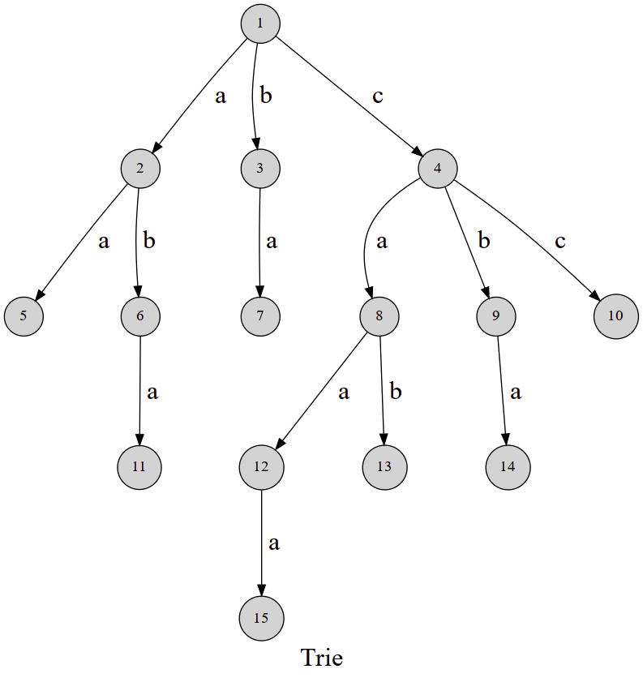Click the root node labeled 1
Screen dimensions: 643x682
pyautogui.click(x=260, y=24)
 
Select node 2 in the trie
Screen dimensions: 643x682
pyautogui.click(x=140, y=169)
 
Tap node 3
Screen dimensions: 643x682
pyautogui.click(x=260, y=169)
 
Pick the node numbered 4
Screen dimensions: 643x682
pyautogui.click(x=437, y=169)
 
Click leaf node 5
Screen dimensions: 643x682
pyautogui.click(x=24, y=316)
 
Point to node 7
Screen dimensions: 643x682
pyautogui.click(x=260, y=316)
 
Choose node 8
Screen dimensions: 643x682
pyautogui.click(x=379, y=316)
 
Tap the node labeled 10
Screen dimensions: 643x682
pyautogui.click(x=615, y=316)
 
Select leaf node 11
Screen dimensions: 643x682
pyautogui.click(x=139, y=467)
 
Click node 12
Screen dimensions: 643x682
pyautogui.click(x=261, y=467)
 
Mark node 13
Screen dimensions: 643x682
pyautogui.click(x=384, y=467)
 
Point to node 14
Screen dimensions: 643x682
pyautogui.click(x=508, y=467)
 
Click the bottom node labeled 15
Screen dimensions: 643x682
pyautogui.click(x=261, y=618)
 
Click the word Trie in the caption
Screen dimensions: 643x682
pyautogui.click(x=322, y=658)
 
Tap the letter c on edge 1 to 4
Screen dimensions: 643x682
pyautogui.click(x=378, y=97)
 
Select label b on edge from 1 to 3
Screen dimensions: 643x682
pyautogui.click(x=266, y=95)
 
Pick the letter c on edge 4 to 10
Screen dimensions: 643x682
pyautogui.click(x=560, y=241)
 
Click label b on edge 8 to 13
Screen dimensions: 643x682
pyautogui.click(x=395, y=391)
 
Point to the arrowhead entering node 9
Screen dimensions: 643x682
pyautogui.click(x=486, y=292)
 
